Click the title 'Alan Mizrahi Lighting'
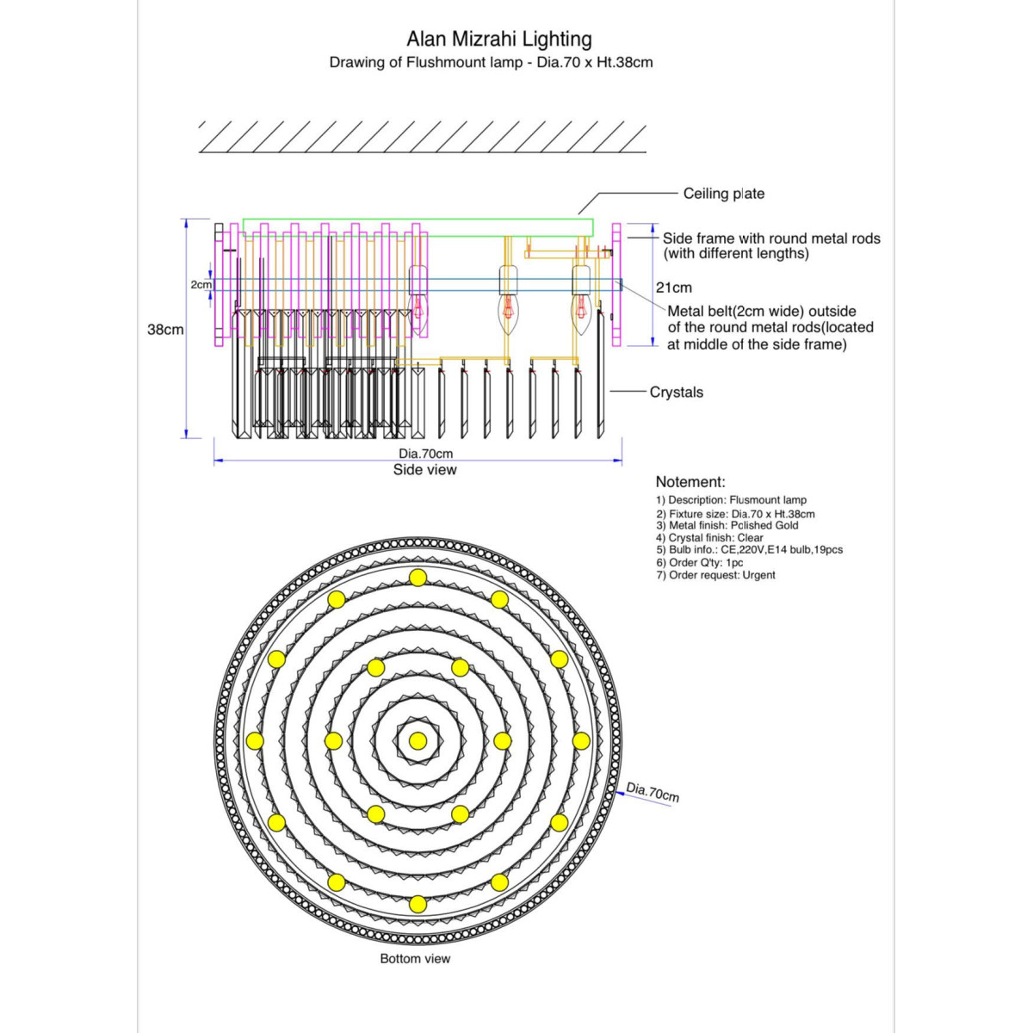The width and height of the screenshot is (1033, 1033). click(499, 39)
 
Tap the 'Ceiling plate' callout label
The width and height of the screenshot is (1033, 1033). click(723, 194)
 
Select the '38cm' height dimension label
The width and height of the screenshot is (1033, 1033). click(164, 330)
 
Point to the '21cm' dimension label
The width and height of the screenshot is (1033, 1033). click(673, 288)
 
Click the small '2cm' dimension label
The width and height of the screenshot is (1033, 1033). click(201, 284)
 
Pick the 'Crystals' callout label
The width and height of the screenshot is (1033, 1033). click(676, 392)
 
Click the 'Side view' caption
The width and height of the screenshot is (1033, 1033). click(424, 470)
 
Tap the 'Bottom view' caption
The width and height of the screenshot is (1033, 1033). click(415, 958)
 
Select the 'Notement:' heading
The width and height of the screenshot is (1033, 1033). click(690, 482)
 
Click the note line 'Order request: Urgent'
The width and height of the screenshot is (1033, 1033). click(715, 575)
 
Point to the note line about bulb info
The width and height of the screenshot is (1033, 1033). click(749, 549)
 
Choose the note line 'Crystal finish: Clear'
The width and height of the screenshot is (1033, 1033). click(709, 537)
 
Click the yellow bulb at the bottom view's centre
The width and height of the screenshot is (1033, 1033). click(418, 740)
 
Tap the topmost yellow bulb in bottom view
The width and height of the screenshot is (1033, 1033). click(418, 577)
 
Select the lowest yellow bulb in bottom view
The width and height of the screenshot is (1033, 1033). click(418, 904)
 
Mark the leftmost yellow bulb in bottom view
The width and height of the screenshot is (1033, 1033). click(254, 740)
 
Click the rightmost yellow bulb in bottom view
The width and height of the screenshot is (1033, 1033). click(581, 740)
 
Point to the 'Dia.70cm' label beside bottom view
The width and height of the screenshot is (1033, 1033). click(653, 792)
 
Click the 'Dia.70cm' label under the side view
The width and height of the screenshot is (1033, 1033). click(425, 454)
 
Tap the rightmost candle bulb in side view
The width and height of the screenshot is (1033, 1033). click(581, 310)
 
